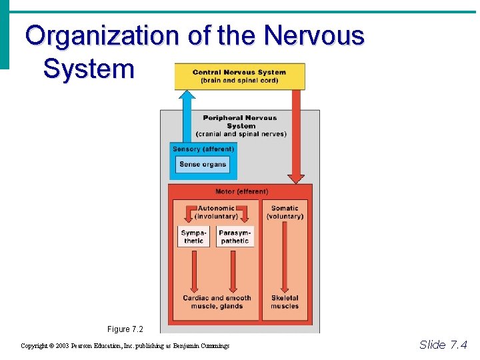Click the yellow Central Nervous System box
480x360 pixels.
(x=239, y=76)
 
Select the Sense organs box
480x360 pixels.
(x=203, y=165)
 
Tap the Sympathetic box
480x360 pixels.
(x=193, y=237)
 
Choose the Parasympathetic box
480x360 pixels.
(x=235, y=237)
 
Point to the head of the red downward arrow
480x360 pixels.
(x=296, y=179)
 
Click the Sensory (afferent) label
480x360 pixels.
(x=203, y=149)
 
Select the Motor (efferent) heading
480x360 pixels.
(x=241, y=191)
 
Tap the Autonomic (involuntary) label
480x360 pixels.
(x=216, y=212)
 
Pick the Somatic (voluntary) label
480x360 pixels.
(x=285, y=212)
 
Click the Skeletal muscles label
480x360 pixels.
(x=285, y=302)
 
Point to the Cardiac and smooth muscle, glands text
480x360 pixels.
(x=217, y=302)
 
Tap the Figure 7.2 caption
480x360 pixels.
(x=125, y=329)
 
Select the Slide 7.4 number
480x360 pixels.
(x=443, y=345)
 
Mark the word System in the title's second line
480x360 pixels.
(x=89, y=68)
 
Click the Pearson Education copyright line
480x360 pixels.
(x=125, y=346)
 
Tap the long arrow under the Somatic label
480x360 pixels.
(x=285, y=257)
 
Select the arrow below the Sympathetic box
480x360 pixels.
(x=193, y=270)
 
